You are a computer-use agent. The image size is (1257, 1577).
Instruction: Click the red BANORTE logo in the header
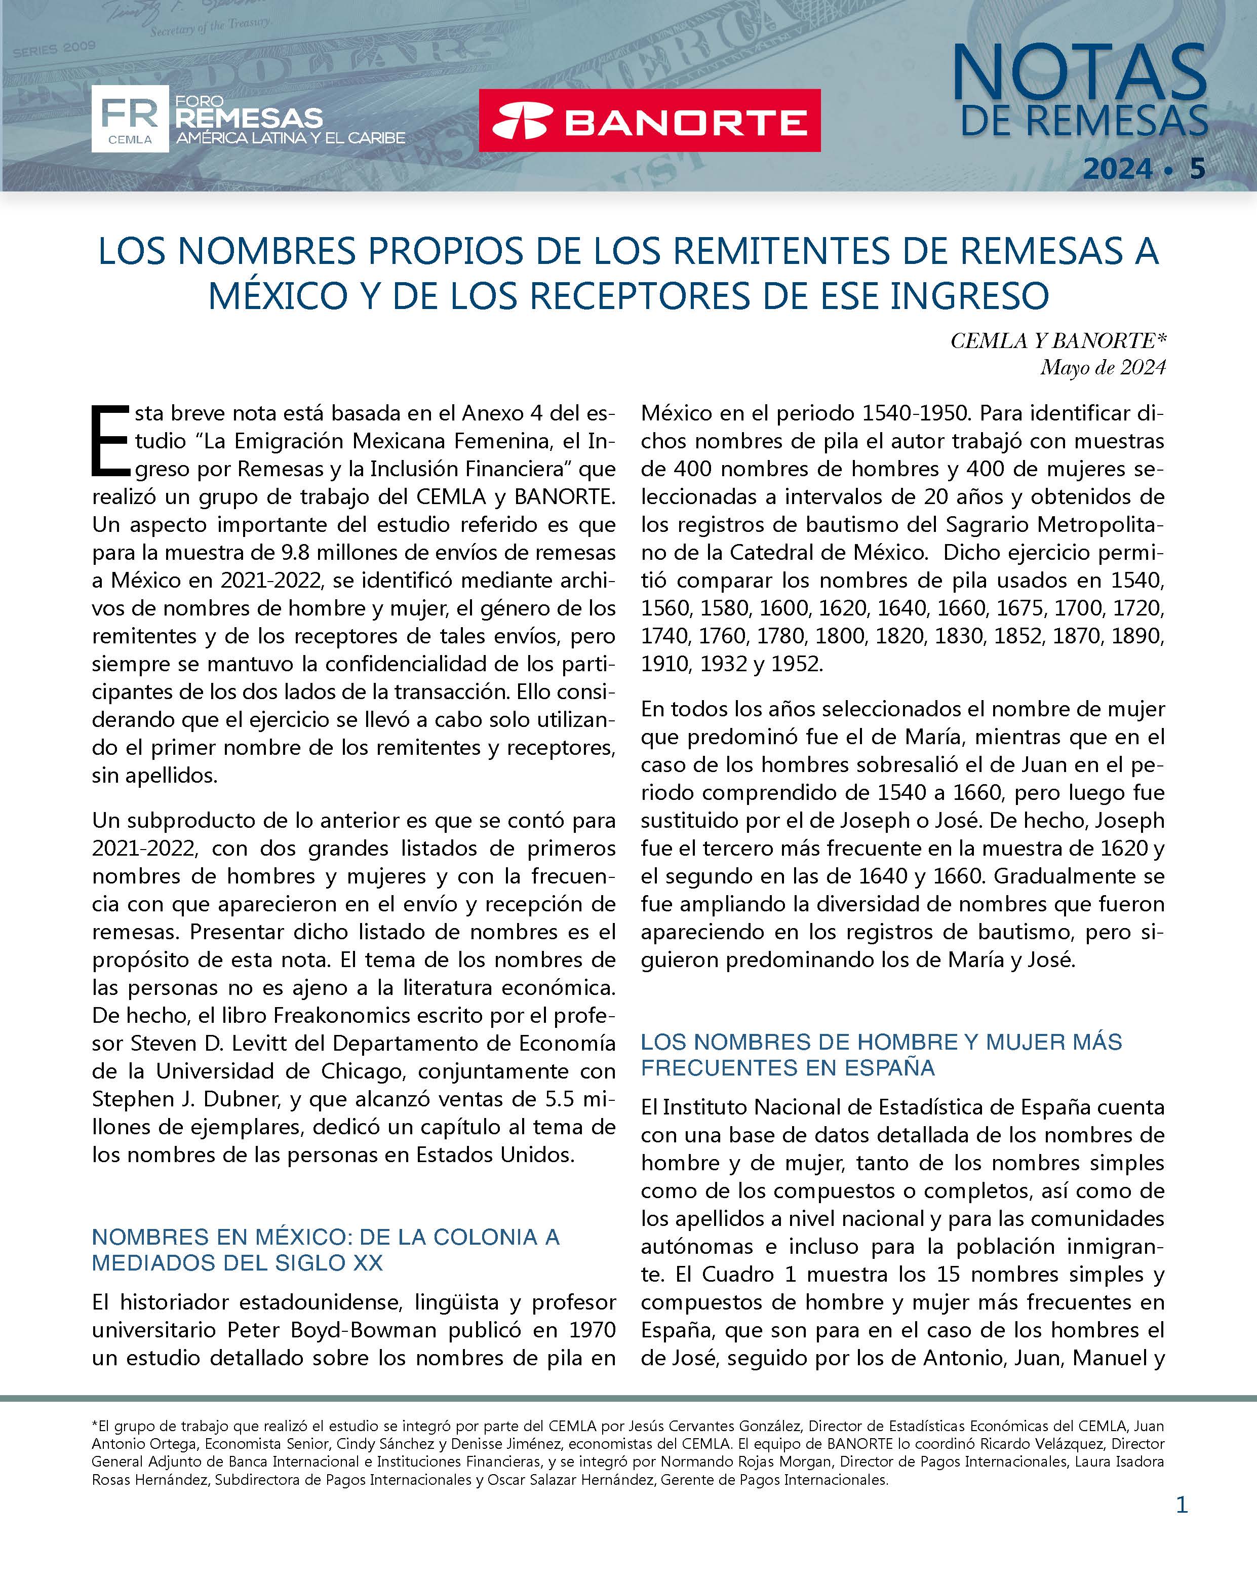(x=649, y=121)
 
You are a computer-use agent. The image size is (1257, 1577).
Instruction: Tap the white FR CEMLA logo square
(x=130, y=119)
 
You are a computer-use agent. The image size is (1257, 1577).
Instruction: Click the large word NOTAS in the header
(x=1079, y=73)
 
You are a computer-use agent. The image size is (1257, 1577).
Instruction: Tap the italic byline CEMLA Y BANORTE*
(x=1058, y=341)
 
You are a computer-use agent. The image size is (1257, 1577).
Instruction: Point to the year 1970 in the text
(x=593, y=1330)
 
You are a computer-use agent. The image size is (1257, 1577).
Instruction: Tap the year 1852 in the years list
(x=1017, y=636)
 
